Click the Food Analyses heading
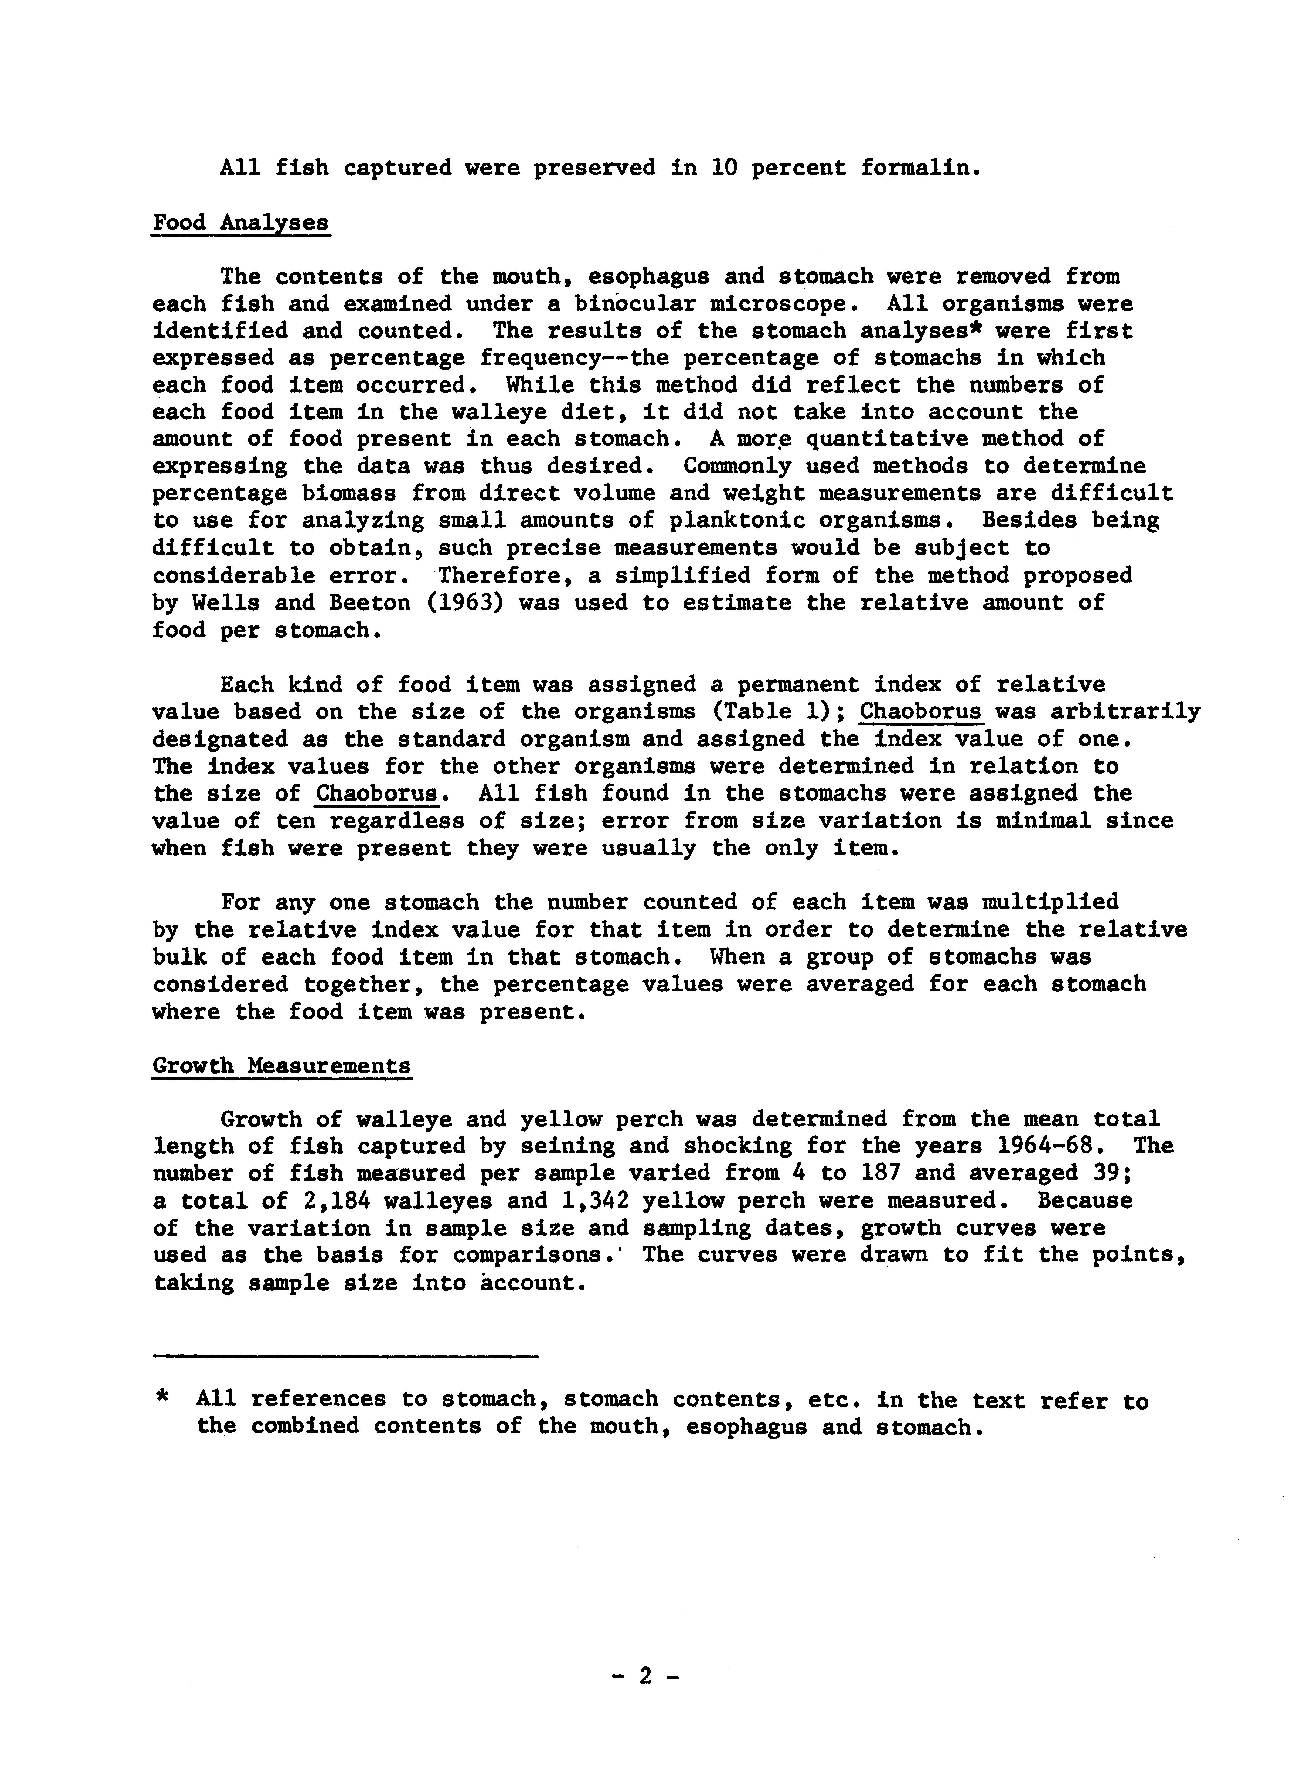[240, 223]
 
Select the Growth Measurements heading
[282, 1066]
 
